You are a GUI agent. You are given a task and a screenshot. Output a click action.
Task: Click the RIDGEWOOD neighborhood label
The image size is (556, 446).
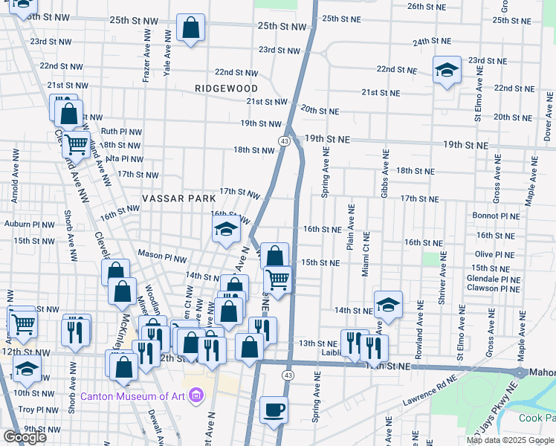pos(226,88)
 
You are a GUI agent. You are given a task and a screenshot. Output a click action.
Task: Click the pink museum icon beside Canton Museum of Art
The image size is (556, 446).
pos(196,394)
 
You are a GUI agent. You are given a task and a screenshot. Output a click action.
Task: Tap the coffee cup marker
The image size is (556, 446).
pos(274,410)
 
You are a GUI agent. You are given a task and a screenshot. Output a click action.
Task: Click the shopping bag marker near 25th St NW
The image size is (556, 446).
pos(191,29)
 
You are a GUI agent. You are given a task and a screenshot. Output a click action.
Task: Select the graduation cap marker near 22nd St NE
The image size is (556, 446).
pos(447,71)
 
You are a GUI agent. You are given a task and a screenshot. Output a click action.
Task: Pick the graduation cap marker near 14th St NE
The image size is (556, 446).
pos(388,304)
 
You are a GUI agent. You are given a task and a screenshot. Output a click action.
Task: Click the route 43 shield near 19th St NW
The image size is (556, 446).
pos(285,140)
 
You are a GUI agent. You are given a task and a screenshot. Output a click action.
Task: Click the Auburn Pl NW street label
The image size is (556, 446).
pos(29,224)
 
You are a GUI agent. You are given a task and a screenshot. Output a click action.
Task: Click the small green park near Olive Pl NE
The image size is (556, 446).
pos(430,258)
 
